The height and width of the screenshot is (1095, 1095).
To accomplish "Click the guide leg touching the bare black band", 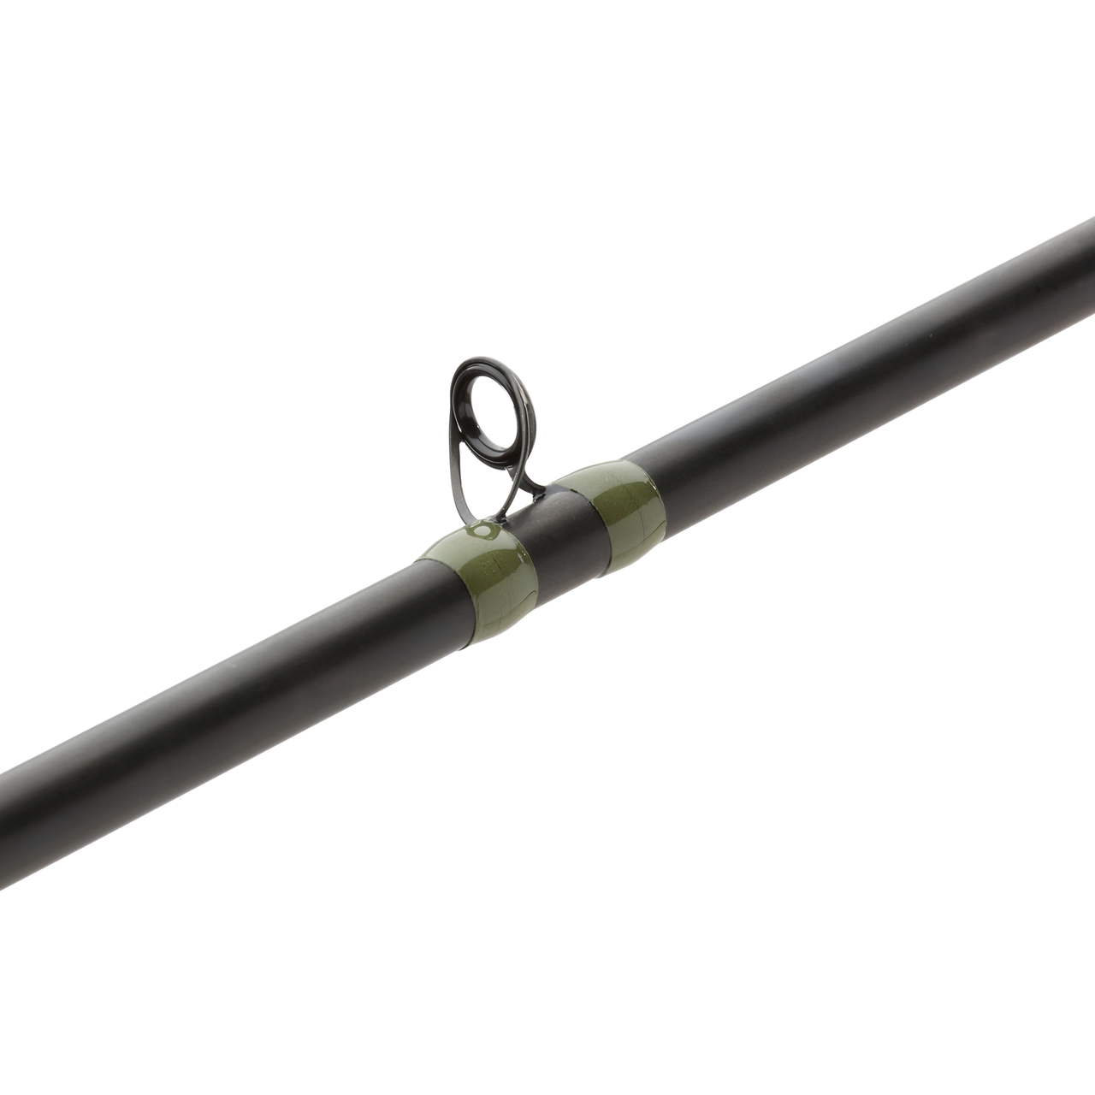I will coord(535,492).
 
